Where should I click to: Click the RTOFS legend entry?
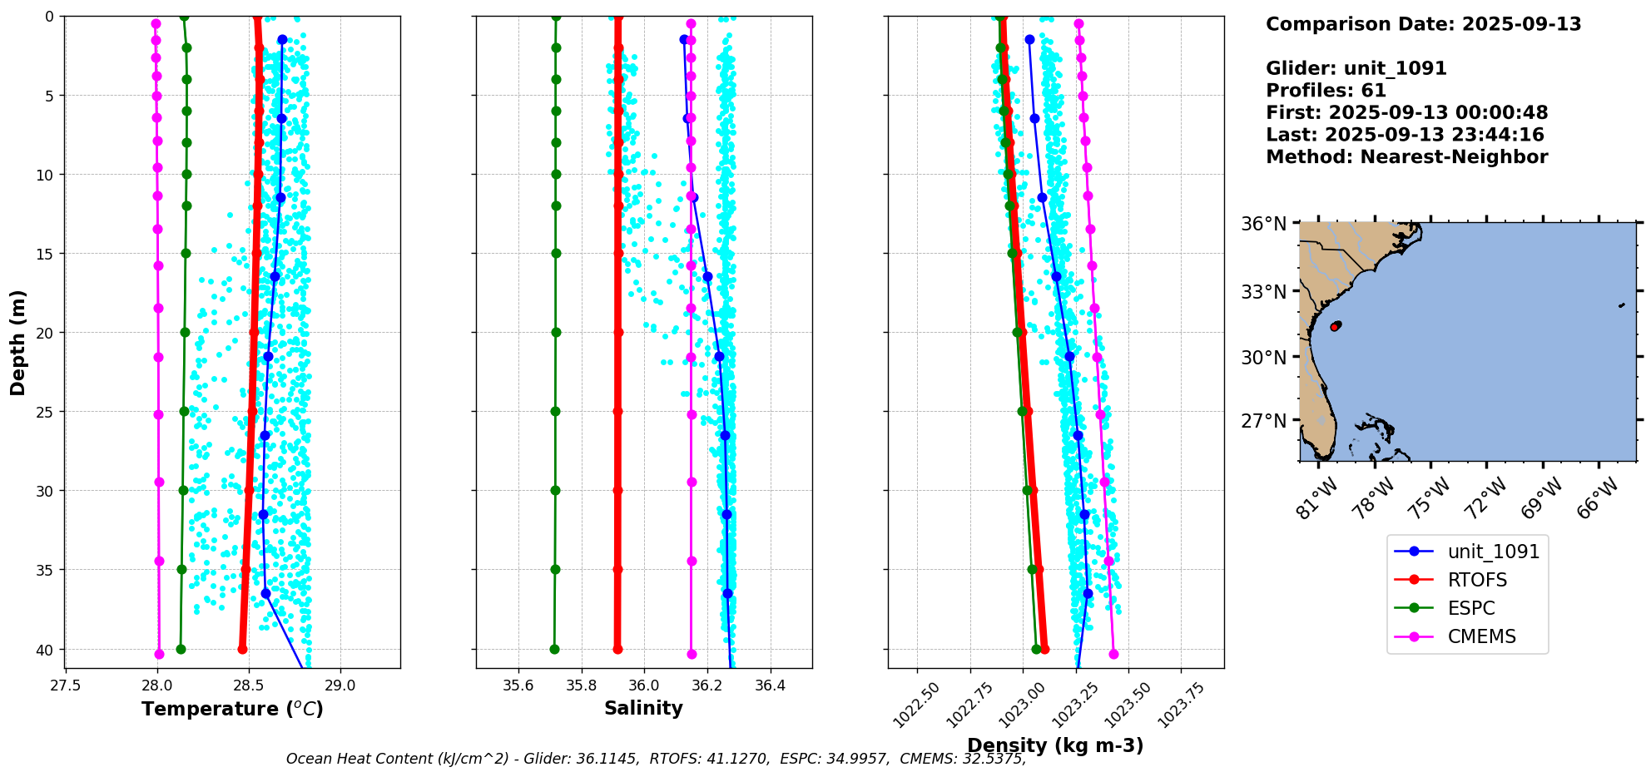[1477, 580]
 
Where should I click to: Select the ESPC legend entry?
[1471, 608]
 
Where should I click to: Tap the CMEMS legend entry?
[1481, 636]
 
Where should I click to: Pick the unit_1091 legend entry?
[1493, 552]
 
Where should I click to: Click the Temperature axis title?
[232, 709]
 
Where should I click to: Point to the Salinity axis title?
[643, 708]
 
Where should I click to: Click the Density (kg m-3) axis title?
[1055, 745]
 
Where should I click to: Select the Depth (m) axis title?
[17, 343]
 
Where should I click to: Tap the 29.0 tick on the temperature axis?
[340, 685]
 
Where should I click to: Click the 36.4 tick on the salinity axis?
[770, 685]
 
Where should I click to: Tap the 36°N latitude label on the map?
[1264, 224]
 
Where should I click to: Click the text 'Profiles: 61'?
[1326, 91]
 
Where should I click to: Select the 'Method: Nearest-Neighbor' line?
[1406, 157]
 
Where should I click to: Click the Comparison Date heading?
[1423, 24]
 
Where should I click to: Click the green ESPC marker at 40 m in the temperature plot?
[181, 649]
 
